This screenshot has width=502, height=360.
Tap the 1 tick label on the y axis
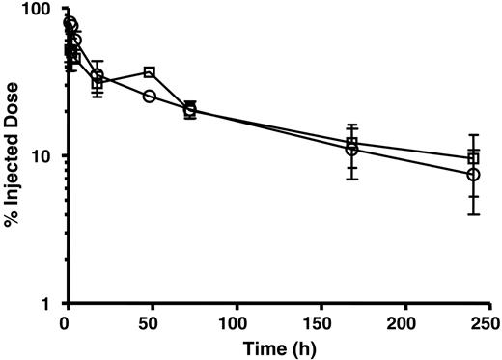tap(51, 304)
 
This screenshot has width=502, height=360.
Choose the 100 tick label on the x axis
tap(235, 322)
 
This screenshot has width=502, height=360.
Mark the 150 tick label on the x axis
tap(320, 322)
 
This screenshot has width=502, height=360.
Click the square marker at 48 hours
tap(150, 72)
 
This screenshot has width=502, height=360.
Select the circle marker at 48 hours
tap(150, 96)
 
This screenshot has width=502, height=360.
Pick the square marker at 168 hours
tap(352, 144)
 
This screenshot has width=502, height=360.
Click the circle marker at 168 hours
tap(352, 150)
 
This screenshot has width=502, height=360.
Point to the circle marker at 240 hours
tap(473, 175)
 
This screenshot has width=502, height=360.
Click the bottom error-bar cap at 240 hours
tap(473, 214)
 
